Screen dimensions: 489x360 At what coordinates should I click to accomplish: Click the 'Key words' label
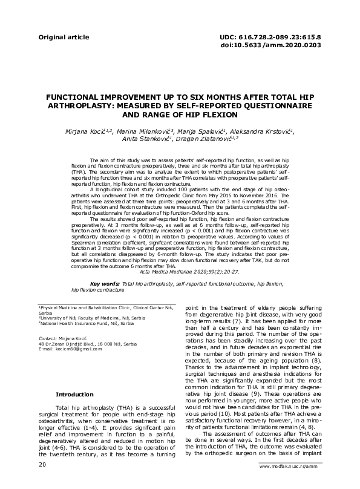(x=104, y=283)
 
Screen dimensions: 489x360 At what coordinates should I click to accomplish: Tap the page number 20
(x=42, y=465)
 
